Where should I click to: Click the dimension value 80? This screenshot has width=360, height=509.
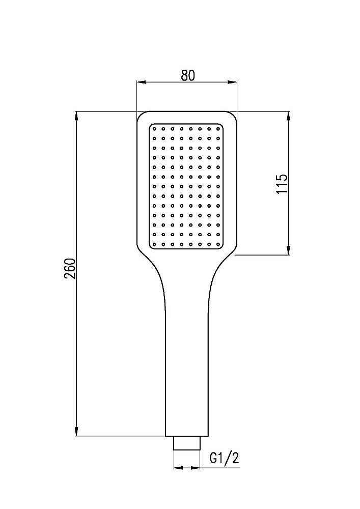point(187,75)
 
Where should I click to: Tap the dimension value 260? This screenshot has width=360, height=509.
point(70,268)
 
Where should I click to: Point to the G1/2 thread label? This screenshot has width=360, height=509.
point(224,458)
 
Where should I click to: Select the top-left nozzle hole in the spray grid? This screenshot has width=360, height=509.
point(154,129)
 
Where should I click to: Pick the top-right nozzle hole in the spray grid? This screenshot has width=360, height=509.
point(217,129)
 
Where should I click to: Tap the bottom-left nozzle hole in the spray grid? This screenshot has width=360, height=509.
point(154,244)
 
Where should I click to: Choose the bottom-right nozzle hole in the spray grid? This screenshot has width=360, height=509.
point(217,244)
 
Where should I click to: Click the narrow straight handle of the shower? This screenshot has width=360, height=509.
point(187,366)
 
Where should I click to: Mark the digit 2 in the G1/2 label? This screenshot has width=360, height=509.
point(235,458)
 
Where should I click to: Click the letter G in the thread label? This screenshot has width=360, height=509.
point(214,458)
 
